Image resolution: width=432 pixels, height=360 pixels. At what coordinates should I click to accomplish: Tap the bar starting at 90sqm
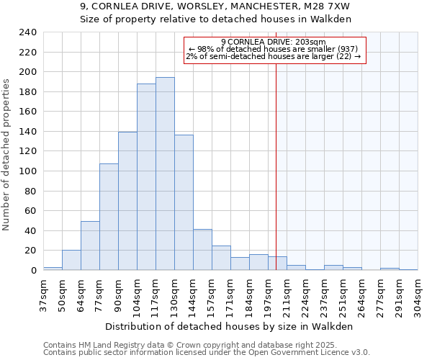point(127,201)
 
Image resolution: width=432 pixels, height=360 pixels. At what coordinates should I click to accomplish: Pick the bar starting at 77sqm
point(109,217)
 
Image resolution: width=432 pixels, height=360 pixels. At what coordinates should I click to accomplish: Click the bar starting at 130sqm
point(184,202)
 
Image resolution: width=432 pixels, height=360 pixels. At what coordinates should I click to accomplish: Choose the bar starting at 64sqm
point(90,246)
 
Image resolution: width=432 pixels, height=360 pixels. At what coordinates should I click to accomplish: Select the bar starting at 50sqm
point(71,260)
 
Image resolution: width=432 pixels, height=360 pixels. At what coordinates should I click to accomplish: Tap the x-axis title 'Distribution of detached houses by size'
point(234,326)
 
